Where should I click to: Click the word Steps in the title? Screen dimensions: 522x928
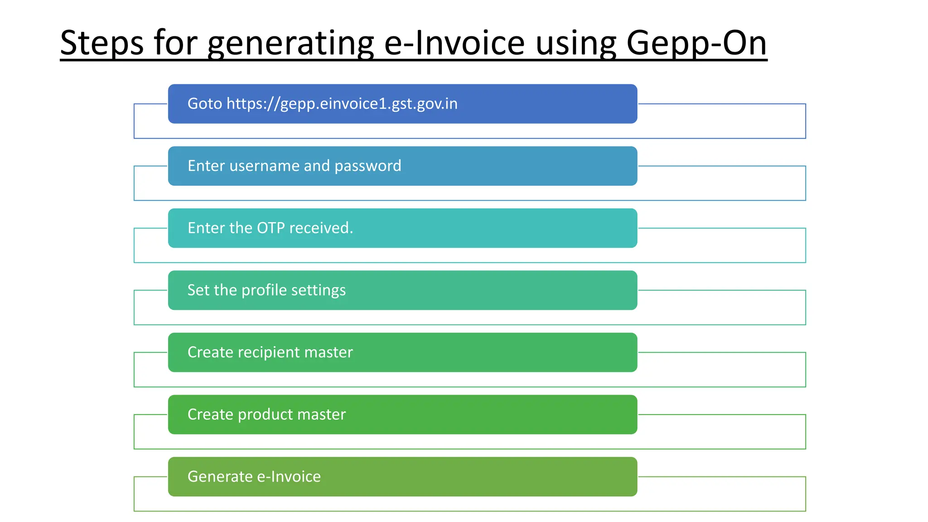point(102,43)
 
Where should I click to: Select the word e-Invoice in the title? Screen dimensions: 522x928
point(454,43)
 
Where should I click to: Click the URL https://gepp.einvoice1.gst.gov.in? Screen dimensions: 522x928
point(342,104)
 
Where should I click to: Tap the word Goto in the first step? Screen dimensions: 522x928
point(205,104)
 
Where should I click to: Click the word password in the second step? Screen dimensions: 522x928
point(367,166)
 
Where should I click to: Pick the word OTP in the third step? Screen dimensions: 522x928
point(271,228)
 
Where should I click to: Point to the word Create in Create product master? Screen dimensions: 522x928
point(210,414)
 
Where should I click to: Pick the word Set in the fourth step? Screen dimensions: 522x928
point(198,290)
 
